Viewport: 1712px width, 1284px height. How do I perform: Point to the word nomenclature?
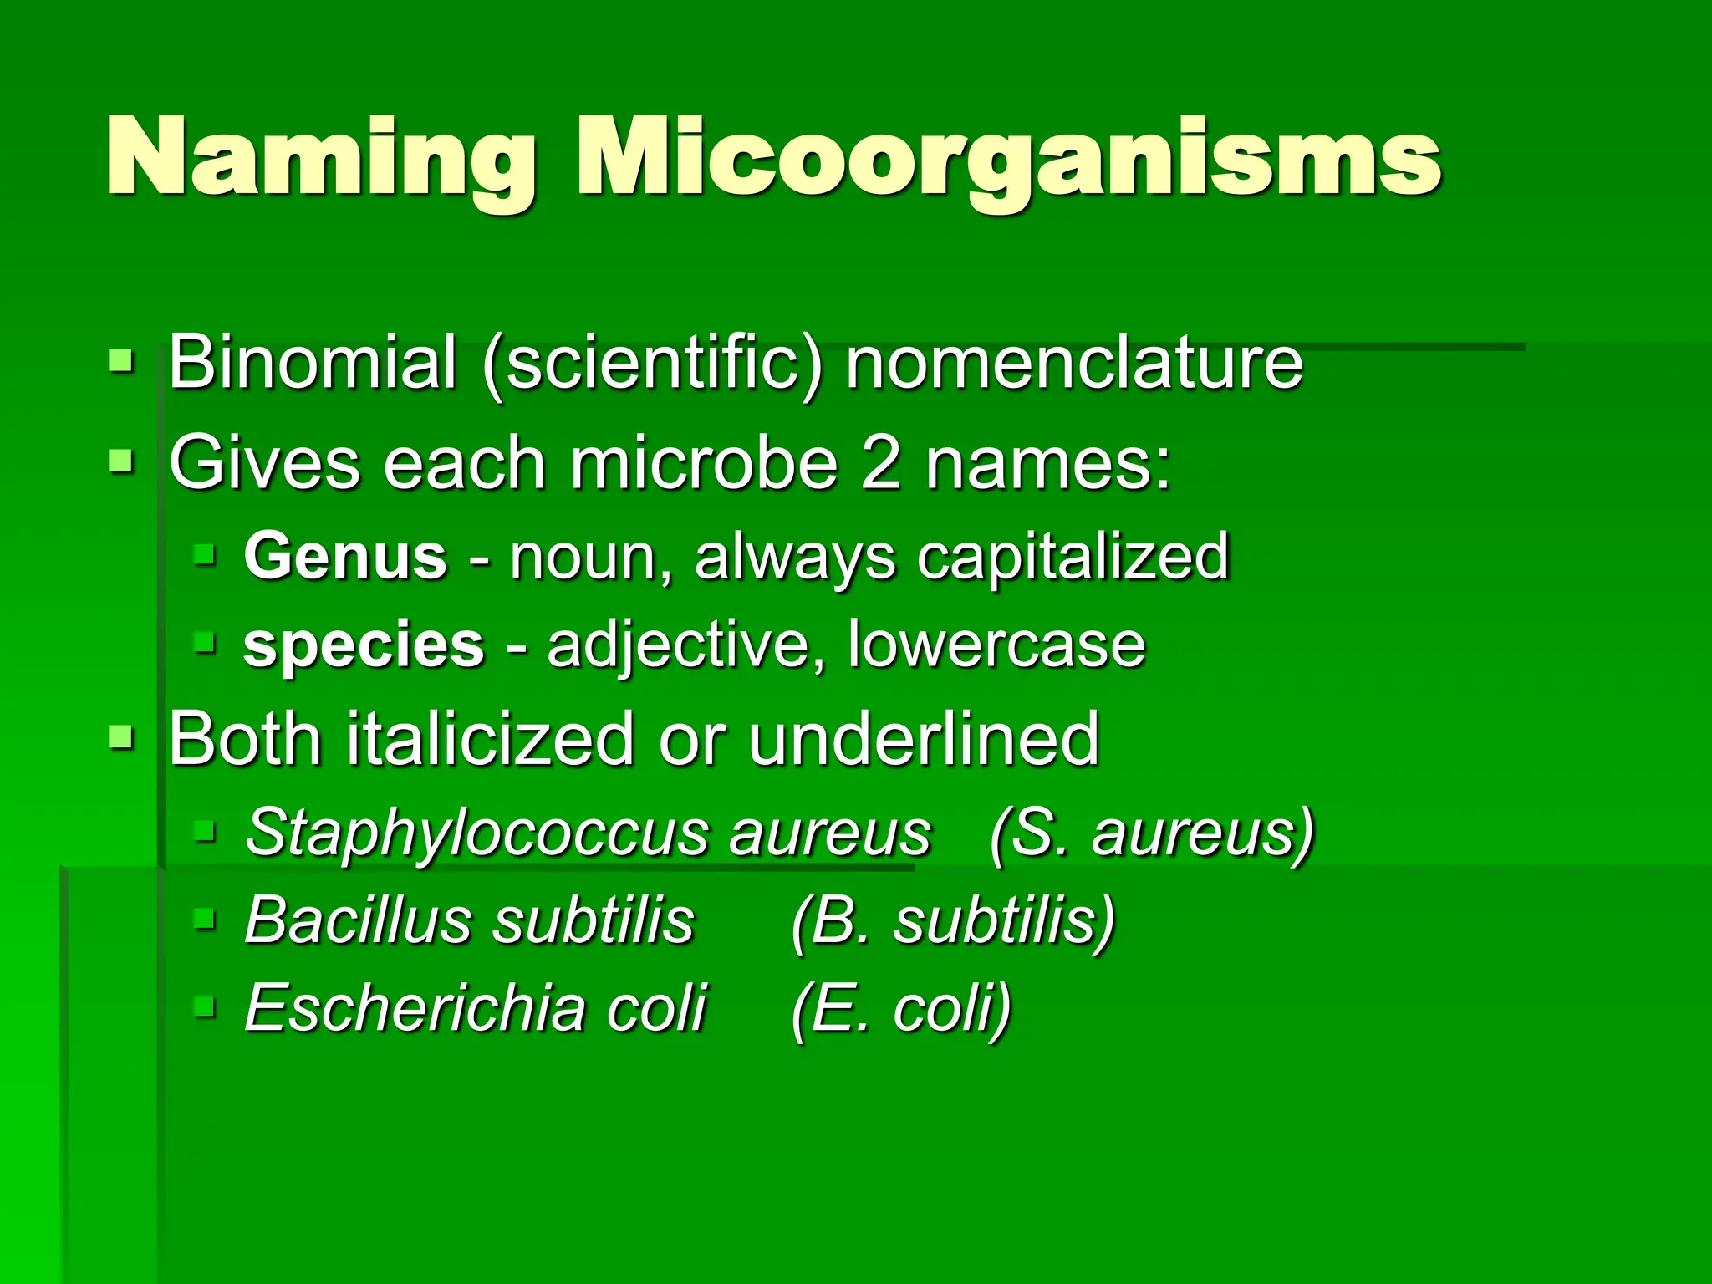click(x=1073, y=362)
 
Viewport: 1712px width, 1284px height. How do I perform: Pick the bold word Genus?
click(x=345, y=557)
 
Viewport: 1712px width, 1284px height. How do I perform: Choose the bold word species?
click(x=364, y=645)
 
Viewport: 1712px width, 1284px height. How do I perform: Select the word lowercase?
click(x=996, y=645)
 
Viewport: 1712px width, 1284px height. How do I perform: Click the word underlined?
click(x=923, y=737)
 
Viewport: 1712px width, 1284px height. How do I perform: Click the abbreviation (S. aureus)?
click(x=1152, y=833)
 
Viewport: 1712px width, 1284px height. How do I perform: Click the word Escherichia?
click(x=415, y=1008)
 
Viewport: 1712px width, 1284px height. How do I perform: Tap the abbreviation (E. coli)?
click(x=901, y=1009)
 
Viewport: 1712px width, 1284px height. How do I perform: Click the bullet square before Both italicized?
click(x=121, y=737)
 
